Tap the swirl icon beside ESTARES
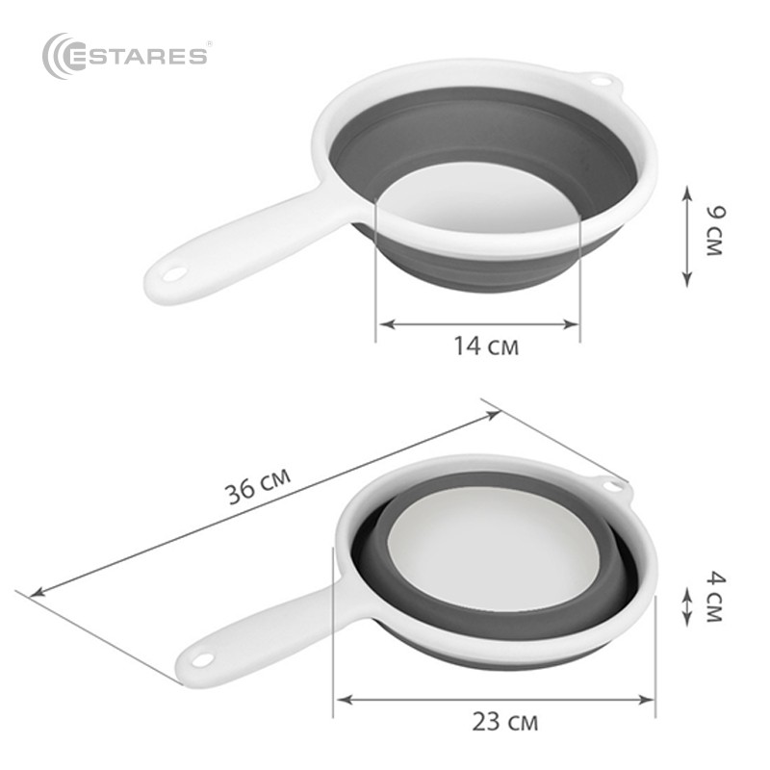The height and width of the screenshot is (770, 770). (x=60, y=54)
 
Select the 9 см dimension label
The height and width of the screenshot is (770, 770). (x=713, y=229)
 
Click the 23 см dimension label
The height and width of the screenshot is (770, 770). (x=505, y=720)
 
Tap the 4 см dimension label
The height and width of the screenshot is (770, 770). (x=713, y=597)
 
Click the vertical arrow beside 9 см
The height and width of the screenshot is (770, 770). (x=687, y=236)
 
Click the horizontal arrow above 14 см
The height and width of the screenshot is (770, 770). (x=477, y=324)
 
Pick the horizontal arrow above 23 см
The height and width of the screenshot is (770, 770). (x=495, y=699)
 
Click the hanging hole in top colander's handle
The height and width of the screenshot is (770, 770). (x=173, y=275)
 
